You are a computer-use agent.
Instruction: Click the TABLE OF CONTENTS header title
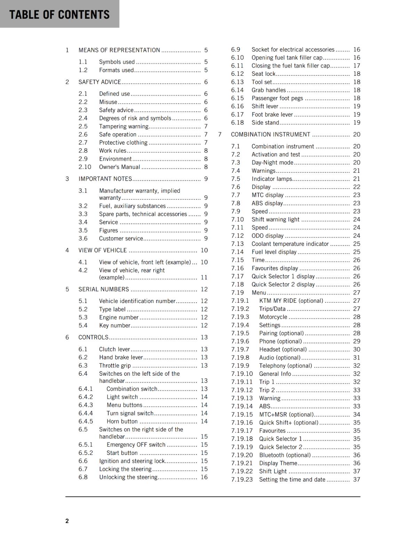[59, 15]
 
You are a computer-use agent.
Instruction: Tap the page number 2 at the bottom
[67, 521]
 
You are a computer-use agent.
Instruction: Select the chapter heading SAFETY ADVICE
[100, 82]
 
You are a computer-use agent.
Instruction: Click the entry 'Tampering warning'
[123, 126]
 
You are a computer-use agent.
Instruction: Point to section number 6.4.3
[86, 405]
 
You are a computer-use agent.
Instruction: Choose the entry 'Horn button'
[122, 422]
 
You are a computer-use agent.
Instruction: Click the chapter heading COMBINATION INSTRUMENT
[271, 134]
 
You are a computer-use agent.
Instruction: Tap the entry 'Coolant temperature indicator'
[290, 244]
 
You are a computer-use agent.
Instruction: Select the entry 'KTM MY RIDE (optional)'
[291, 301]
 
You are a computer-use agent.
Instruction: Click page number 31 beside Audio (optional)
[356, 358]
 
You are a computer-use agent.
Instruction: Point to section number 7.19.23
[242, 480]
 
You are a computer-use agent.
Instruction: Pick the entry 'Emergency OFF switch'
[136, 445]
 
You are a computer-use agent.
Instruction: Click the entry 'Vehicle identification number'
[137, 301]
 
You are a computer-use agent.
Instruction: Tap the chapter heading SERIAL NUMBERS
[104, 289]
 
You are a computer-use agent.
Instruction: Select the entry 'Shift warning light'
[275, 220]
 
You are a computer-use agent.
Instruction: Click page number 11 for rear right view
[204, 278]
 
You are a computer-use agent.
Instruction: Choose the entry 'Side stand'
[265, 123]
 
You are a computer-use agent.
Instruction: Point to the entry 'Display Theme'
[278, 463]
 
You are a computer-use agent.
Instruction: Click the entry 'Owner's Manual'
[119, 167]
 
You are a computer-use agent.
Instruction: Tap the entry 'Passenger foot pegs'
[277, 98]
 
